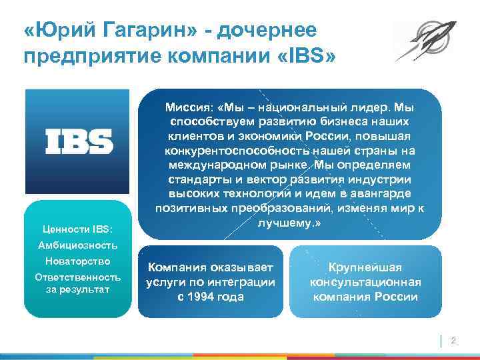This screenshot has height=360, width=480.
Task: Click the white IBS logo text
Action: (x=79, y=141)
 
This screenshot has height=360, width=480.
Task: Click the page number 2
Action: (x=453, y=341)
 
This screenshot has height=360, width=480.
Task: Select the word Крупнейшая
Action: (x=366, y=267)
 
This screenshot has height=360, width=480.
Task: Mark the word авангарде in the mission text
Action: (x=393, y=193)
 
